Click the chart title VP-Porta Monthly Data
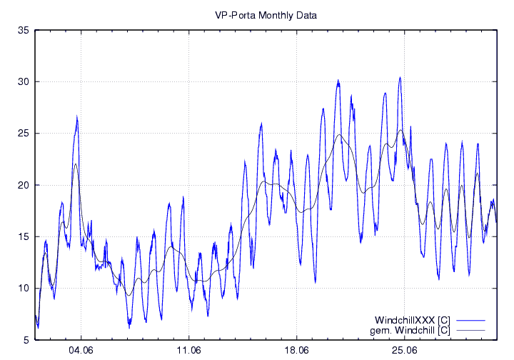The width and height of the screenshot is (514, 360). [266, 14]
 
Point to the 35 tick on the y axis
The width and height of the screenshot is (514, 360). [23, 31]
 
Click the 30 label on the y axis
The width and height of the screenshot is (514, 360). [23, 82]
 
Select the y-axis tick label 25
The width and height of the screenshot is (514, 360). [23, 134]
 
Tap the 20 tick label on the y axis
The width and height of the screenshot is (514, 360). [23, 185]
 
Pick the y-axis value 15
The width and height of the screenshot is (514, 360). [23, 236]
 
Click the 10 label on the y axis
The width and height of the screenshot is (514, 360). [23, 289]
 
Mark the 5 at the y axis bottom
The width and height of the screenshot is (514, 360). [26, 340]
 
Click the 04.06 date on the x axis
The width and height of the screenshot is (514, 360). [81, 351]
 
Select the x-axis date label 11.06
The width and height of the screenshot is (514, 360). [188, 351]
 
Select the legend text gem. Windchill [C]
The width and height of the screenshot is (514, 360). [410, 330]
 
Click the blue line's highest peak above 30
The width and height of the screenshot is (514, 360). [400, 77]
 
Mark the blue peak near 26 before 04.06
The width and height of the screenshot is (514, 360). [76, 119]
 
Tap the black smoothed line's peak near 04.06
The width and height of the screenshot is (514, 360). [76, 164]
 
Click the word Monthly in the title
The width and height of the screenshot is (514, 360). [268, 14]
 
